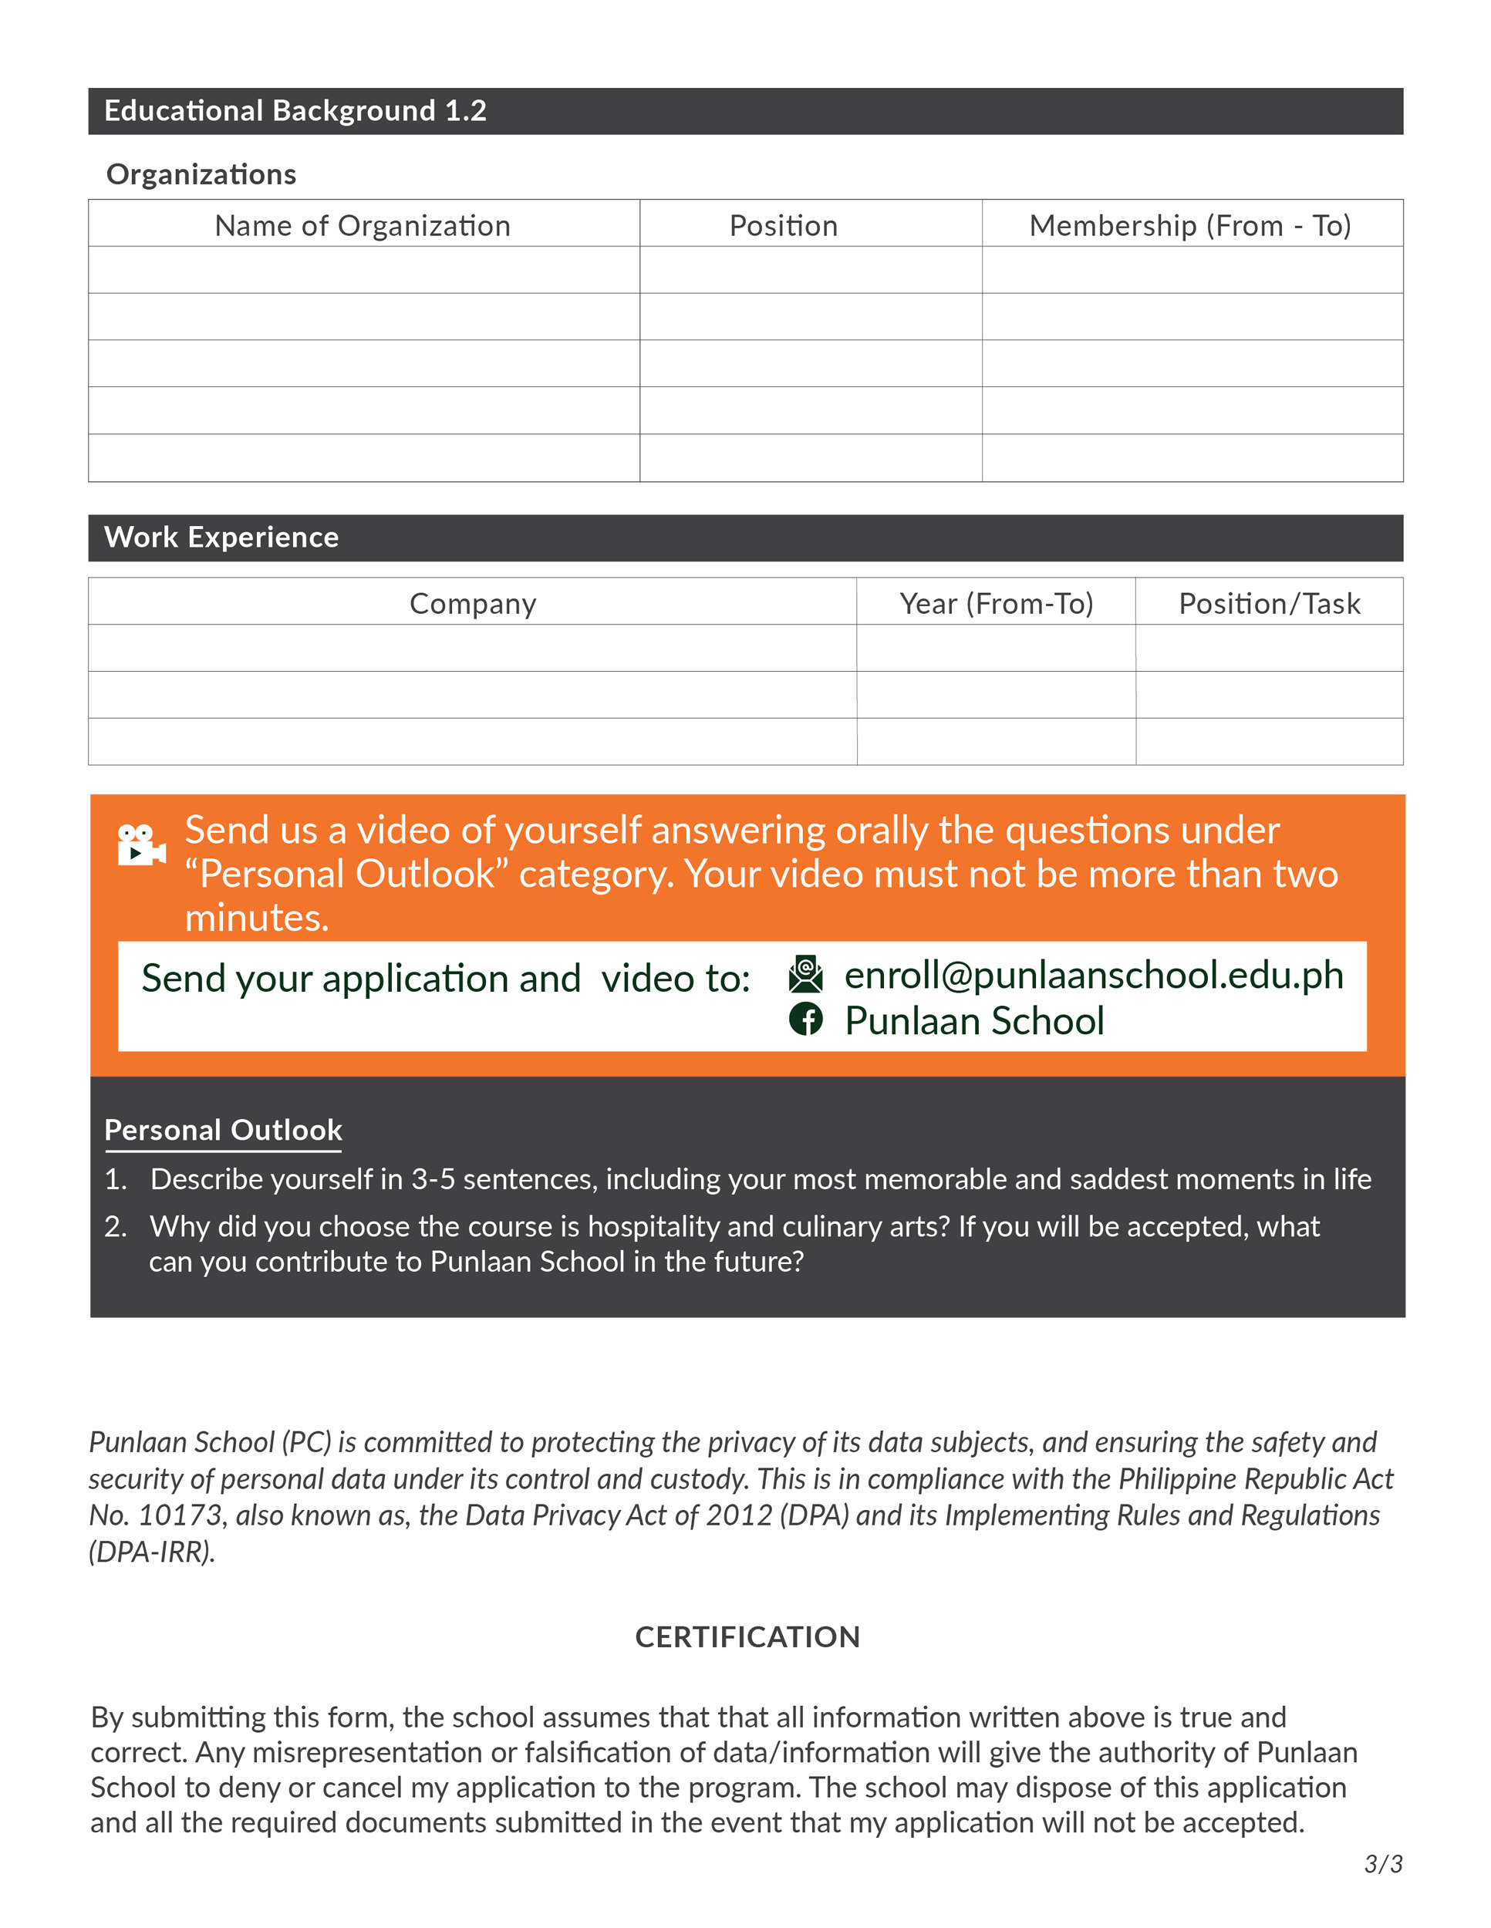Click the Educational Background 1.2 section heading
pyautogui.click(x=295, y=111)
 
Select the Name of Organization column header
pyautogui.click(x=363, y=226)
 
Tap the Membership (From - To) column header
pyautogui.click(x=1190, y=226)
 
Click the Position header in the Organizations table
pyautogui.click(x=783, y=226)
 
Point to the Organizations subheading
pyautogui.click(x=201, y=175)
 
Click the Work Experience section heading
pyautogui.click(x=221, y=538)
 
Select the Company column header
pyautogui.click(x=472, y=604)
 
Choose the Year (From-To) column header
pyautogui.click(x=996, y=604)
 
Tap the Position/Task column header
pyautogui.click(x=1269, y=604)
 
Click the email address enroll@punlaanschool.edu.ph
pyautogui.click(x=1094, y=976)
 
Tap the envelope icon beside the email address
pyautogui.click(x=805, y=974)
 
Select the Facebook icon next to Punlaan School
pyautogui.click(x=805, y=1020)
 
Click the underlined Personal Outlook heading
pyautogui.click(x=224, y=1131)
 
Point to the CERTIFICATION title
pyautogui.click(x=747, y=1637)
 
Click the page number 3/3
pyautogui.click(x=1382, y=1865)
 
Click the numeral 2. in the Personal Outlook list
pyautogui.click(x=116, y=1227)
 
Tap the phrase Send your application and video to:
pyautogui.click(x=446, y=979)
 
